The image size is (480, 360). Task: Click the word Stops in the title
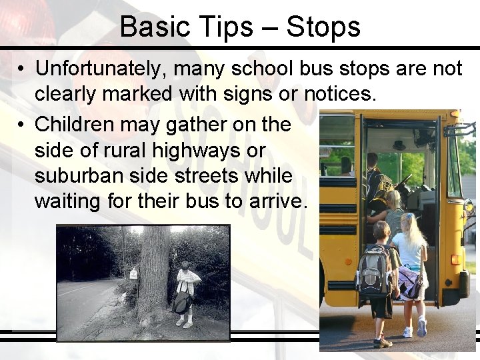click(323, 27)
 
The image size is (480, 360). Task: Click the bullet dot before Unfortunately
click(23, 69)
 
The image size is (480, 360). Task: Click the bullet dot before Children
click(23, 125)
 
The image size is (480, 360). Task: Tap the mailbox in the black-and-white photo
click(133, 273)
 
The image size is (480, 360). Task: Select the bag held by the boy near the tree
click(181, 301)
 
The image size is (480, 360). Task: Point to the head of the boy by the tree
click(185, 265)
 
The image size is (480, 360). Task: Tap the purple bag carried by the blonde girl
click(409, 282)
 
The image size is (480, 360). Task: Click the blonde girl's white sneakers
click(414, 329)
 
